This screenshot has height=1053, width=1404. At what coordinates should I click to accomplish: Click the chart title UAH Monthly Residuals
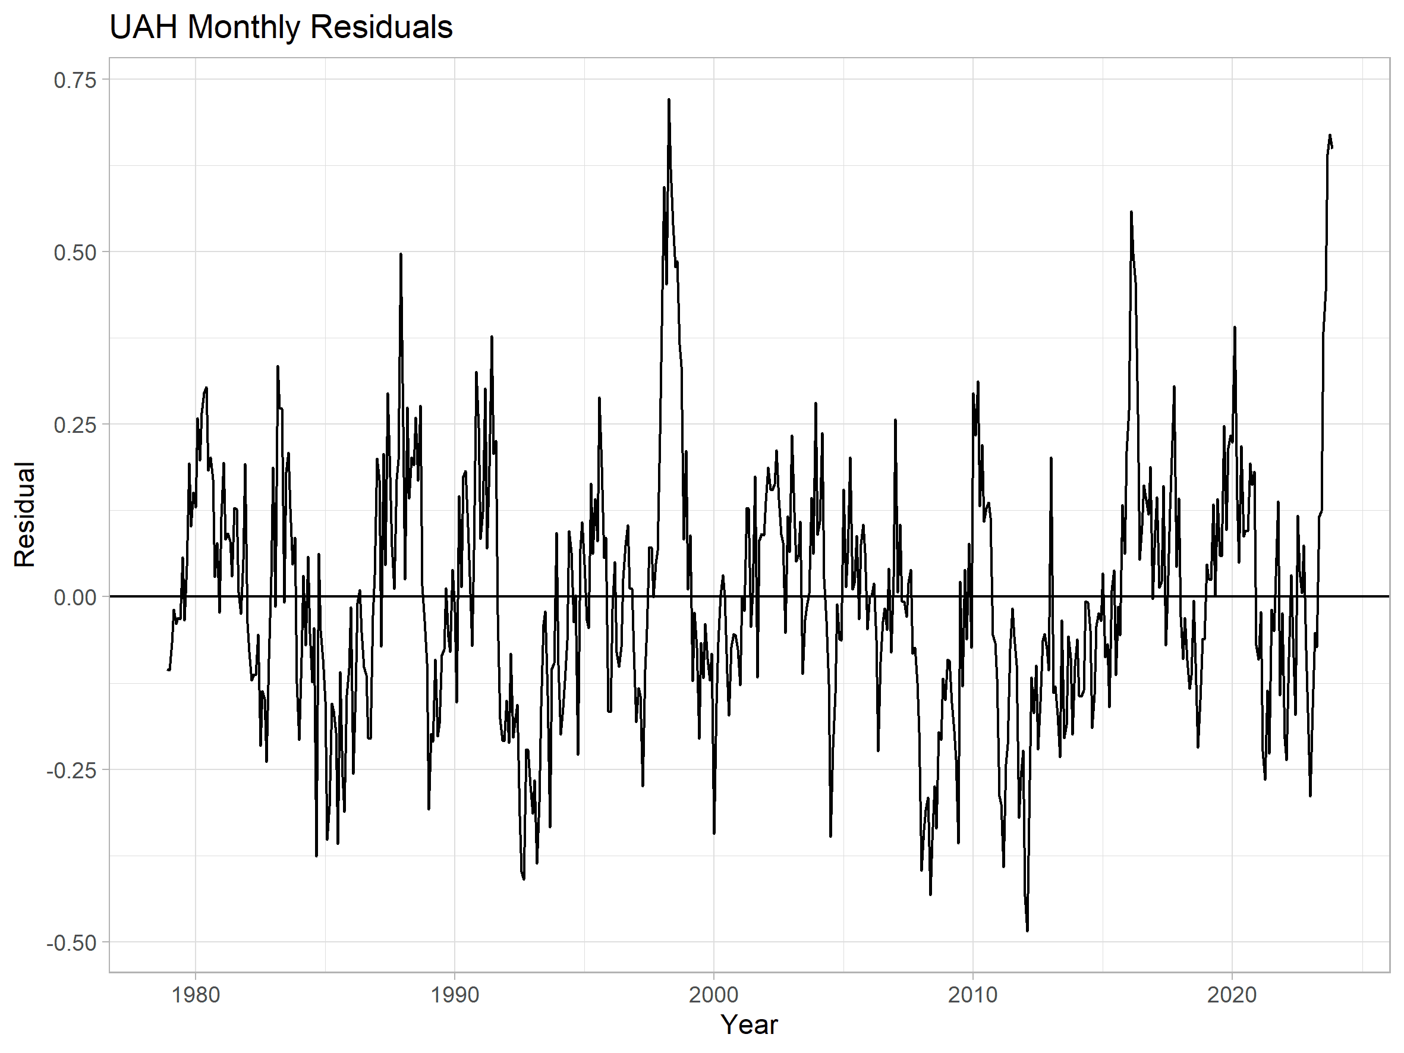(281, 27)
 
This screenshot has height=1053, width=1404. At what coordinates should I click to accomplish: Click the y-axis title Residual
(25, 515)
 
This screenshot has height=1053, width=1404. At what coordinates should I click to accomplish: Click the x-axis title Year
(749, 1024)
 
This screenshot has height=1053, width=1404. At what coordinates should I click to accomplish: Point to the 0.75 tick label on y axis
(75, 80)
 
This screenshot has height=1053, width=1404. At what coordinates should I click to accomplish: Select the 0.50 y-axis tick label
(75, 253)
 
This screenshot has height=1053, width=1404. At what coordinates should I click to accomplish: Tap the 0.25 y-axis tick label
(75, 425)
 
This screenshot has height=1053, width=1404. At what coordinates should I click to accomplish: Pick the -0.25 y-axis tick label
(71, 770)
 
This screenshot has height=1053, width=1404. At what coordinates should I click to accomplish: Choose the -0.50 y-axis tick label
(71, 942)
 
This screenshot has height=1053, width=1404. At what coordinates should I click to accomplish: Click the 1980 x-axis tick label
(196, 995)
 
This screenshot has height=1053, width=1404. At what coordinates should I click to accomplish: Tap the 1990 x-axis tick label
(455, 995)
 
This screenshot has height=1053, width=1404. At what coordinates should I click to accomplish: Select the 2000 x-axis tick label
(714, 995)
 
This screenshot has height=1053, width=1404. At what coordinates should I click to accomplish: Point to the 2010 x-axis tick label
(973, 995)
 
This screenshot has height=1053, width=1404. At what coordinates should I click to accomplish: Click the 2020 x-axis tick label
(1232, 995)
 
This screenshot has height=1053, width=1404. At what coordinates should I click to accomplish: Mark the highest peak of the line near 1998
(669, 100)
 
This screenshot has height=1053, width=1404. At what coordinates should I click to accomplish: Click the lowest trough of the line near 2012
(1027, 931)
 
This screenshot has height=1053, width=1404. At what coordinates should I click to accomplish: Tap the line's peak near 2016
(1131, 212)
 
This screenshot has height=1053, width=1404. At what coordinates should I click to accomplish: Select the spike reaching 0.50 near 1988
(401, 254)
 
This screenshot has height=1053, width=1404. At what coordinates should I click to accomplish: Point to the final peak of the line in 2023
(1330, 135)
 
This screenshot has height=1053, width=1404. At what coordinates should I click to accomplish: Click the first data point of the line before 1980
(168, 669)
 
